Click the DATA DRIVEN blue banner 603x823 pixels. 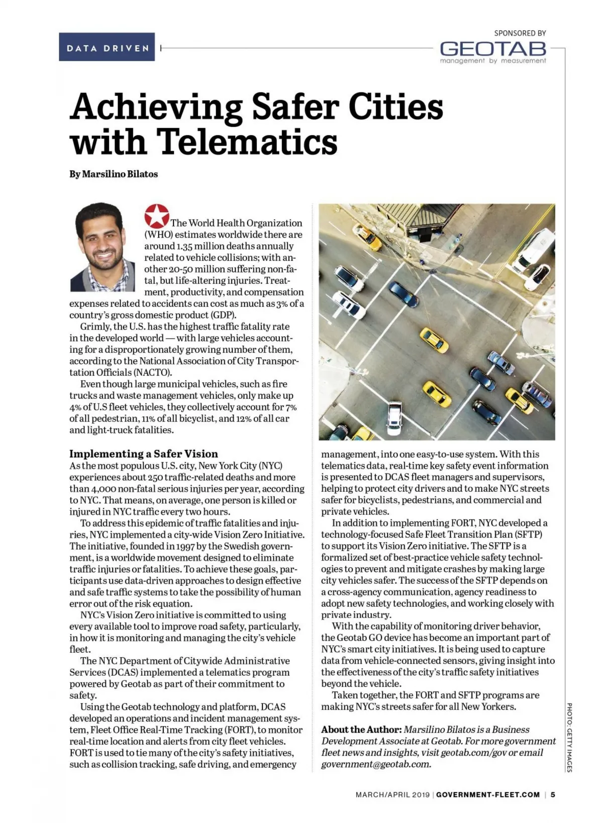click(107, 47)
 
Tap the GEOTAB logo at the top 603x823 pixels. click(492, 49)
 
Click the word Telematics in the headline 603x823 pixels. click(248, 142)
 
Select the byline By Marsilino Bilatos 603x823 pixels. click(114, 174)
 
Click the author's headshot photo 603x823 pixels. click(102, 247)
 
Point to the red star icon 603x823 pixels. click(156, 216)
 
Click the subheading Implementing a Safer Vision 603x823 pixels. click(144, 454)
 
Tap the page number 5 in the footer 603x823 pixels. click(553, 795)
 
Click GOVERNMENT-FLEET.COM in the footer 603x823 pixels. click(488, 795)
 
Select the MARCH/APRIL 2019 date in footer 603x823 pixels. click(392, 795)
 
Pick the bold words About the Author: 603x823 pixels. click(361, 730)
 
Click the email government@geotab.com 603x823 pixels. click(376, 764)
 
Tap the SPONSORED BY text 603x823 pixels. click(520, 33)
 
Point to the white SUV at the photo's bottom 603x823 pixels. click(395, 418)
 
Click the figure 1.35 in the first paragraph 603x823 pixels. click(185, 246)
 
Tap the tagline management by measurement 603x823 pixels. click(492, 61)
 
